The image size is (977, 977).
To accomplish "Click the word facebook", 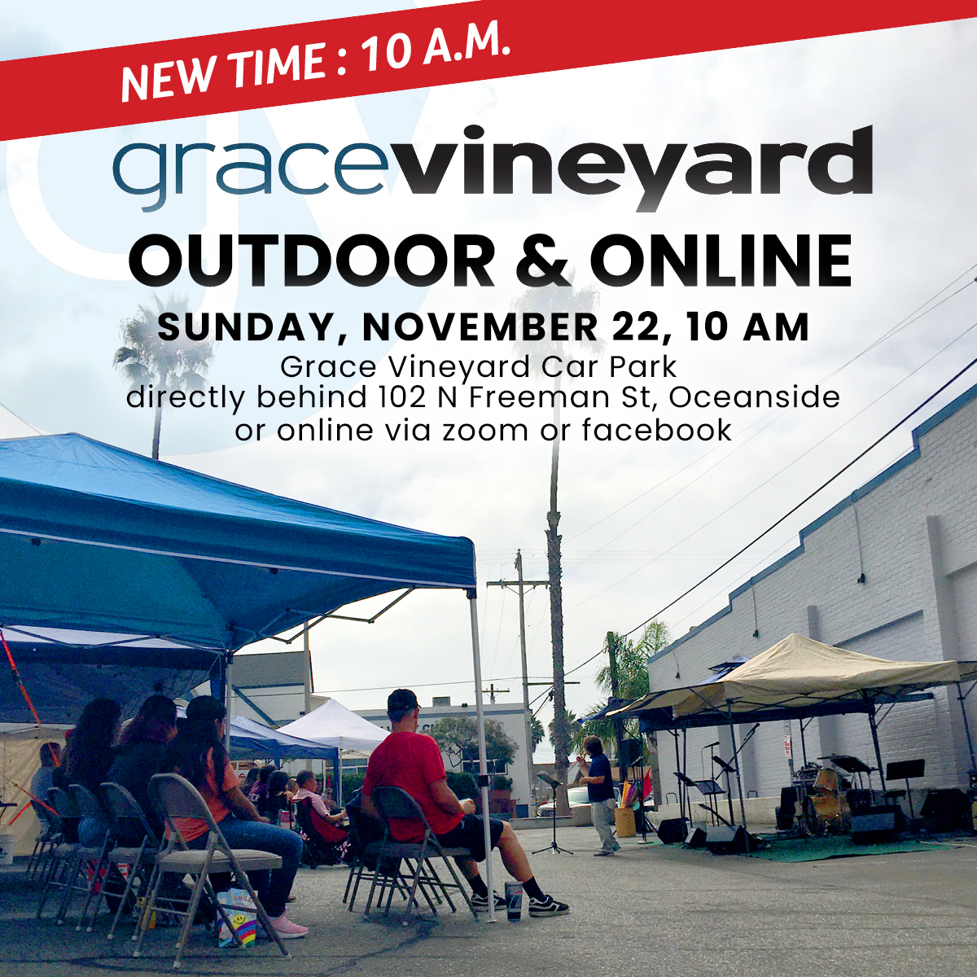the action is pyautogui.click(x=657, y=429).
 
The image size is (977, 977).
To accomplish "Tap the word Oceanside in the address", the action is pyautogui.click(x=756, y=397).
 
